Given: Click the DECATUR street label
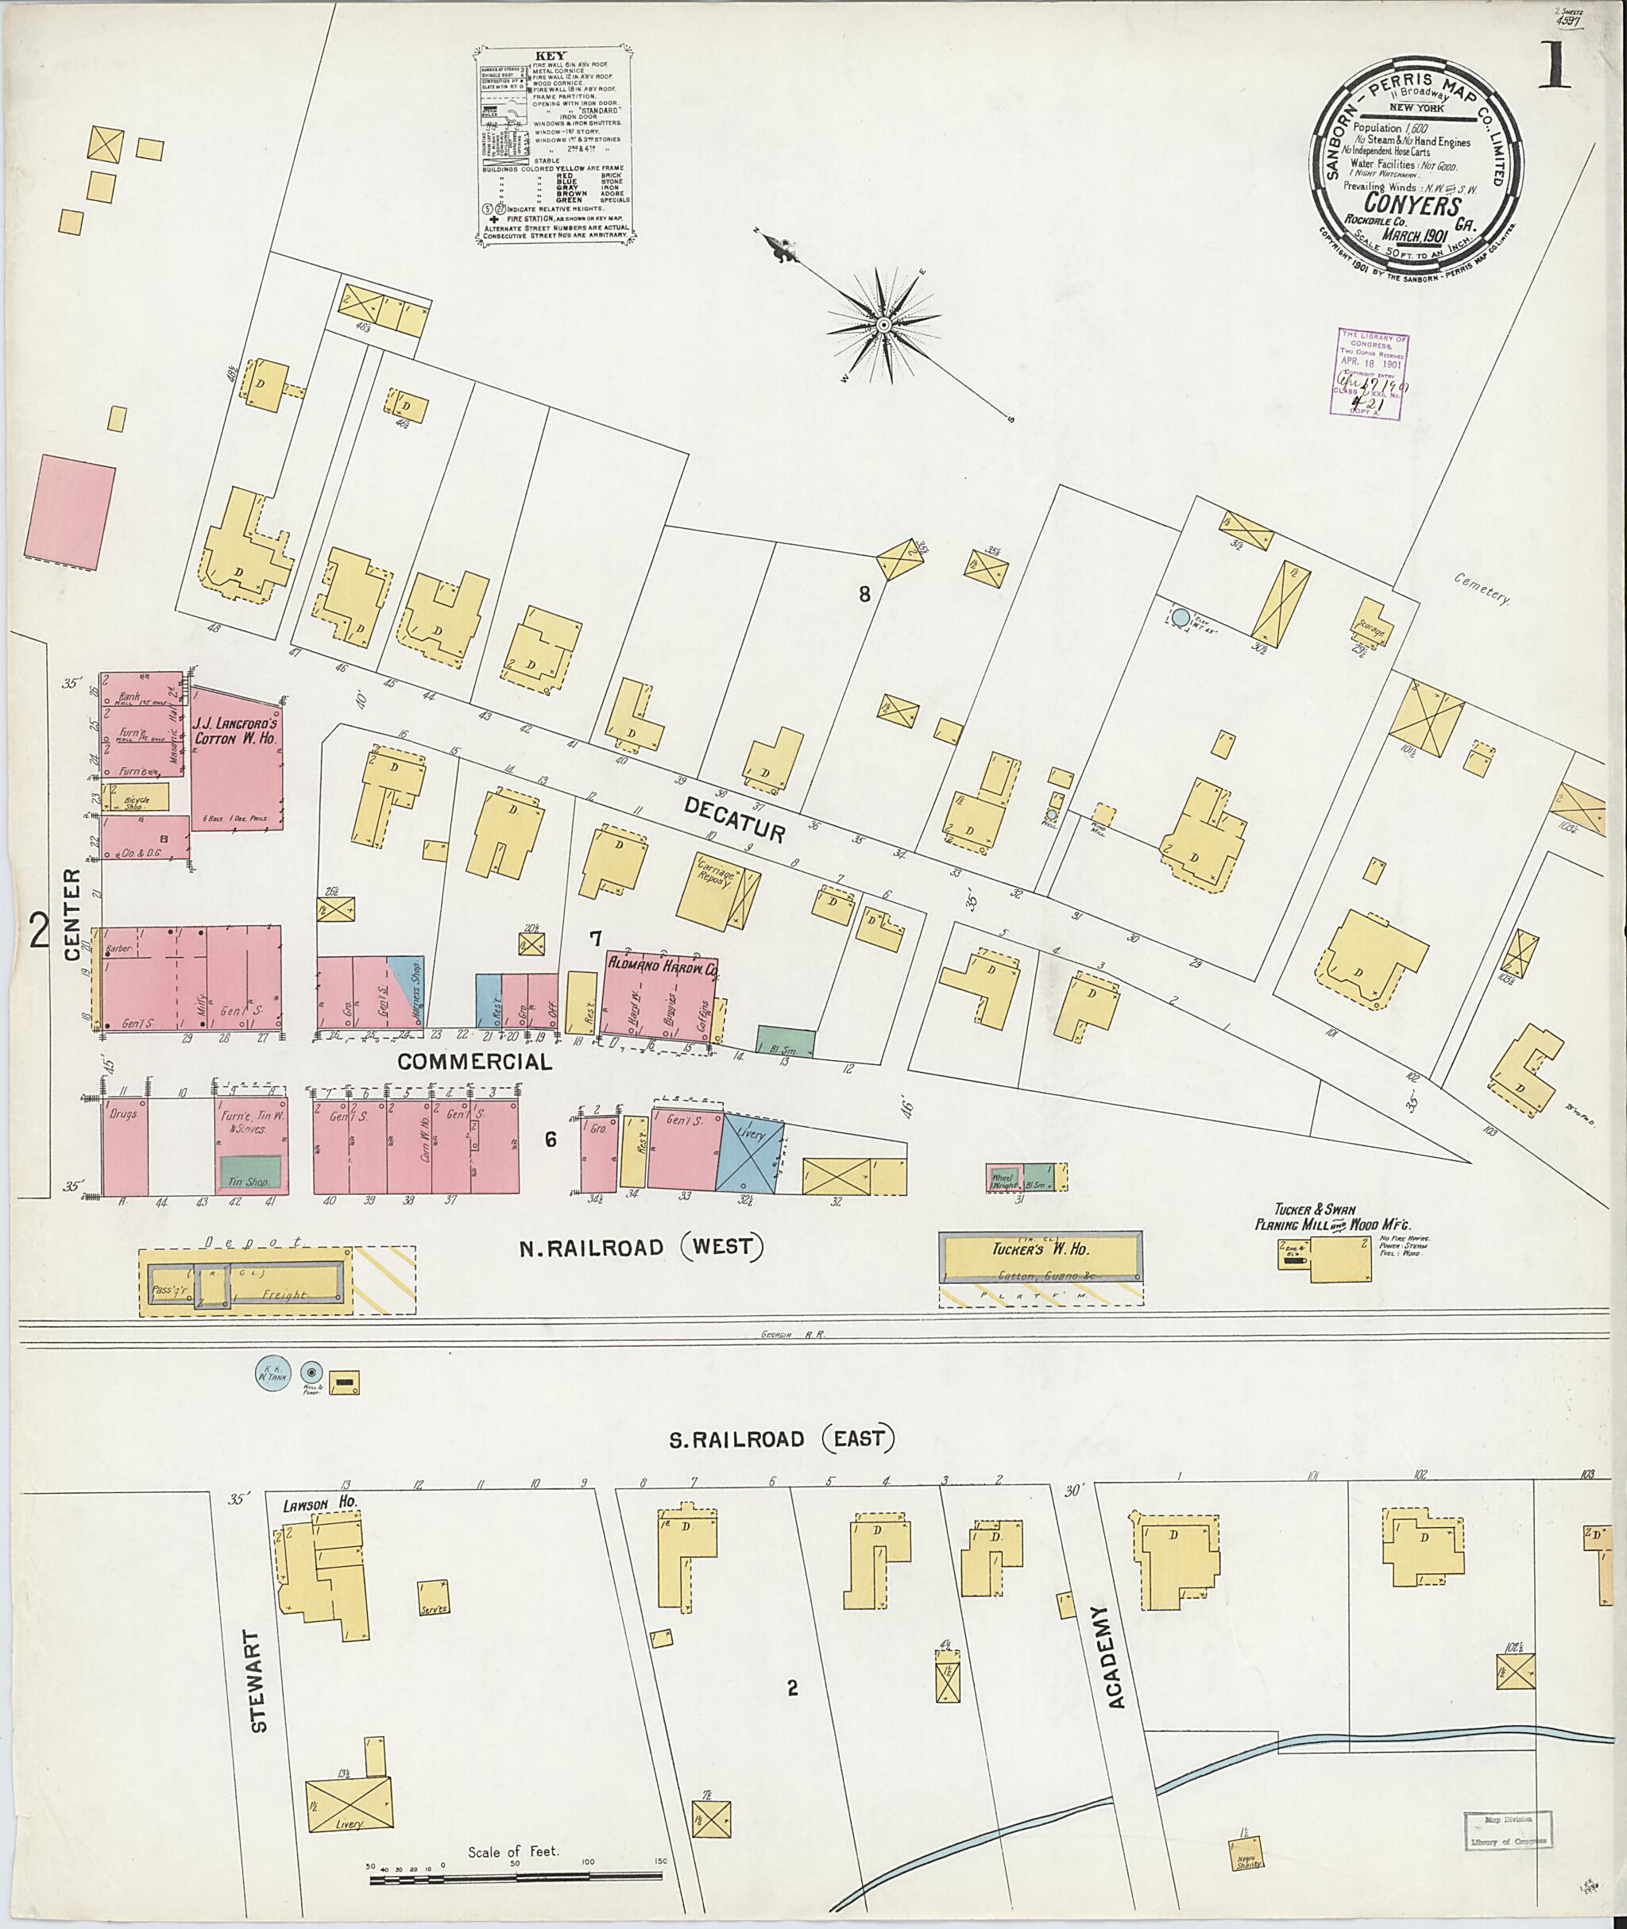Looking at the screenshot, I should point(734,819).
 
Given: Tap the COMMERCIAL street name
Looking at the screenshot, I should point(475,1061).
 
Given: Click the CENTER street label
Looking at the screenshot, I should point(74,912).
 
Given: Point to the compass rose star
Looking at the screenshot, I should point(883,325).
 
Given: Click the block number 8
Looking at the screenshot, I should point(864,595).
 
